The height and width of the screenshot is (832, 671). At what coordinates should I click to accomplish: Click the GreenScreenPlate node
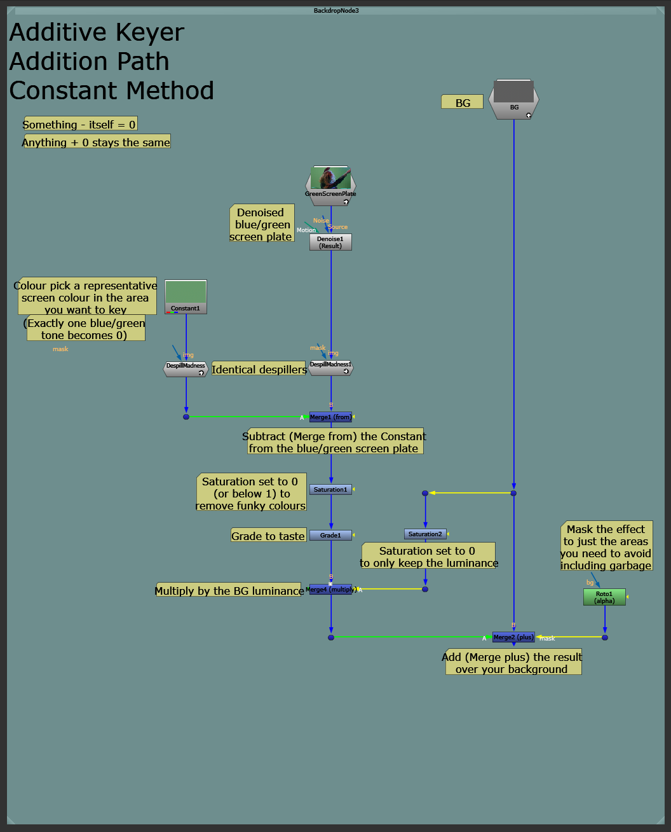(x=330, y=186)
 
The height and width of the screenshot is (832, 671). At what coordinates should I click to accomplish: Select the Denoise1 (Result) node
(x=330, y=242)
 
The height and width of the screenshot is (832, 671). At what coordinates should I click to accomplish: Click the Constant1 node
(x=186, y=297)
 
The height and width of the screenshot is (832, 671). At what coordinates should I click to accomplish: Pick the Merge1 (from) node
(x=330, y=417)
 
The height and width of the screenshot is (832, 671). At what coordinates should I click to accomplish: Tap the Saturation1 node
(x=330, y=490)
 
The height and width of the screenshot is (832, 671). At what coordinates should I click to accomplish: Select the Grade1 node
(x=330, y=536)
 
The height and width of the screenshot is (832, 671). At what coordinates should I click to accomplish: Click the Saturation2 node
(x=425, y=534)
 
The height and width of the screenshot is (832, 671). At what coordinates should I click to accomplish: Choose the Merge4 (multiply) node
(x=330, y=590)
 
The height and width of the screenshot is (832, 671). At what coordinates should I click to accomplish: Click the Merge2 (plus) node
(x=513, y=637)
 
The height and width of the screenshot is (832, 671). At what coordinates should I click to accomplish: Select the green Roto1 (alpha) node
(x=604, y=597)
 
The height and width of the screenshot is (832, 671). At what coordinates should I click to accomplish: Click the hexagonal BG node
(x=514, y=100)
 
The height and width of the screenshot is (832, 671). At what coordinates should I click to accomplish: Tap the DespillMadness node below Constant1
(x=186, y=369)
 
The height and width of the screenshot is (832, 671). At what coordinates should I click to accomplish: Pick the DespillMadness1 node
(x=330, y=368)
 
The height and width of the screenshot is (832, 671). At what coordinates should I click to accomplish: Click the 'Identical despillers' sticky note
(x=259, y=370)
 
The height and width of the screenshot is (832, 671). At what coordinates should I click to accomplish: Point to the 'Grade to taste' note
(x=268, y=536)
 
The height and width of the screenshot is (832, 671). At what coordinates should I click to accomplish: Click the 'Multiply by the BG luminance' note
(x=229, y=591)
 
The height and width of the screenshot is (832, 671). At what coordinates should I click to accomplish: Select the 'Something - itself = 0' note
(x=79, y=125)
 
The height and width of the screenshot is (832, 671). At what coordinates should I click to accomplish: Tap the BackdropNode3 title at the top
(x=336, y=11)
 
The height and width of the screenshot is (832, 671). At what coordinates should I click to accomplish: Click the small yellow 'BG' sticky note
(x=463, y=102)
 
